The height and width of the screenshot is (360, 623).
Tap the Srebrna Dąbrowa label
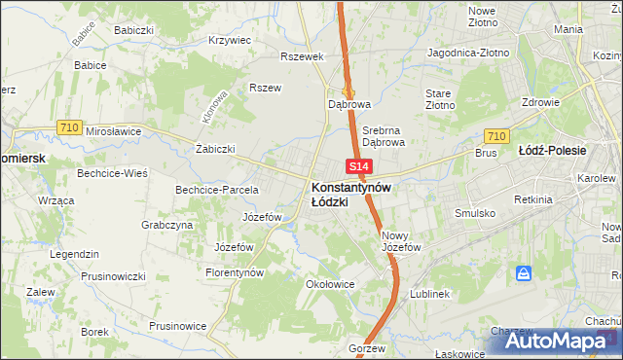tap(383, 135)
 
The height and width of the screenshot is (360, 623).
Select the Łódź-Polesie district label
tap(579, 151)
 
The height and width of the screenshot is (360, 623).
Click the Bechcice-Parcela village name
tap(216, 189)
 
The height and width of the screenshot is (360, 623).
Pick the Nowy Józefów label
tap(401, 241)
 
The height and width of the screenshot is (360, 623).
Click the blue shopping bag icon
tap(524, 275)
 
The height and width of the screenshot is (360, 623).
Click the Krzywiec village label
tap(231, 41)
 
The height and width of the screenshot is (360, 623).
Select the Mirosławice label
tap(114, 130)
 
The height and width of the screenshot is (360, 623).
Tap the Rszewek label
tap(301, 56)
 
